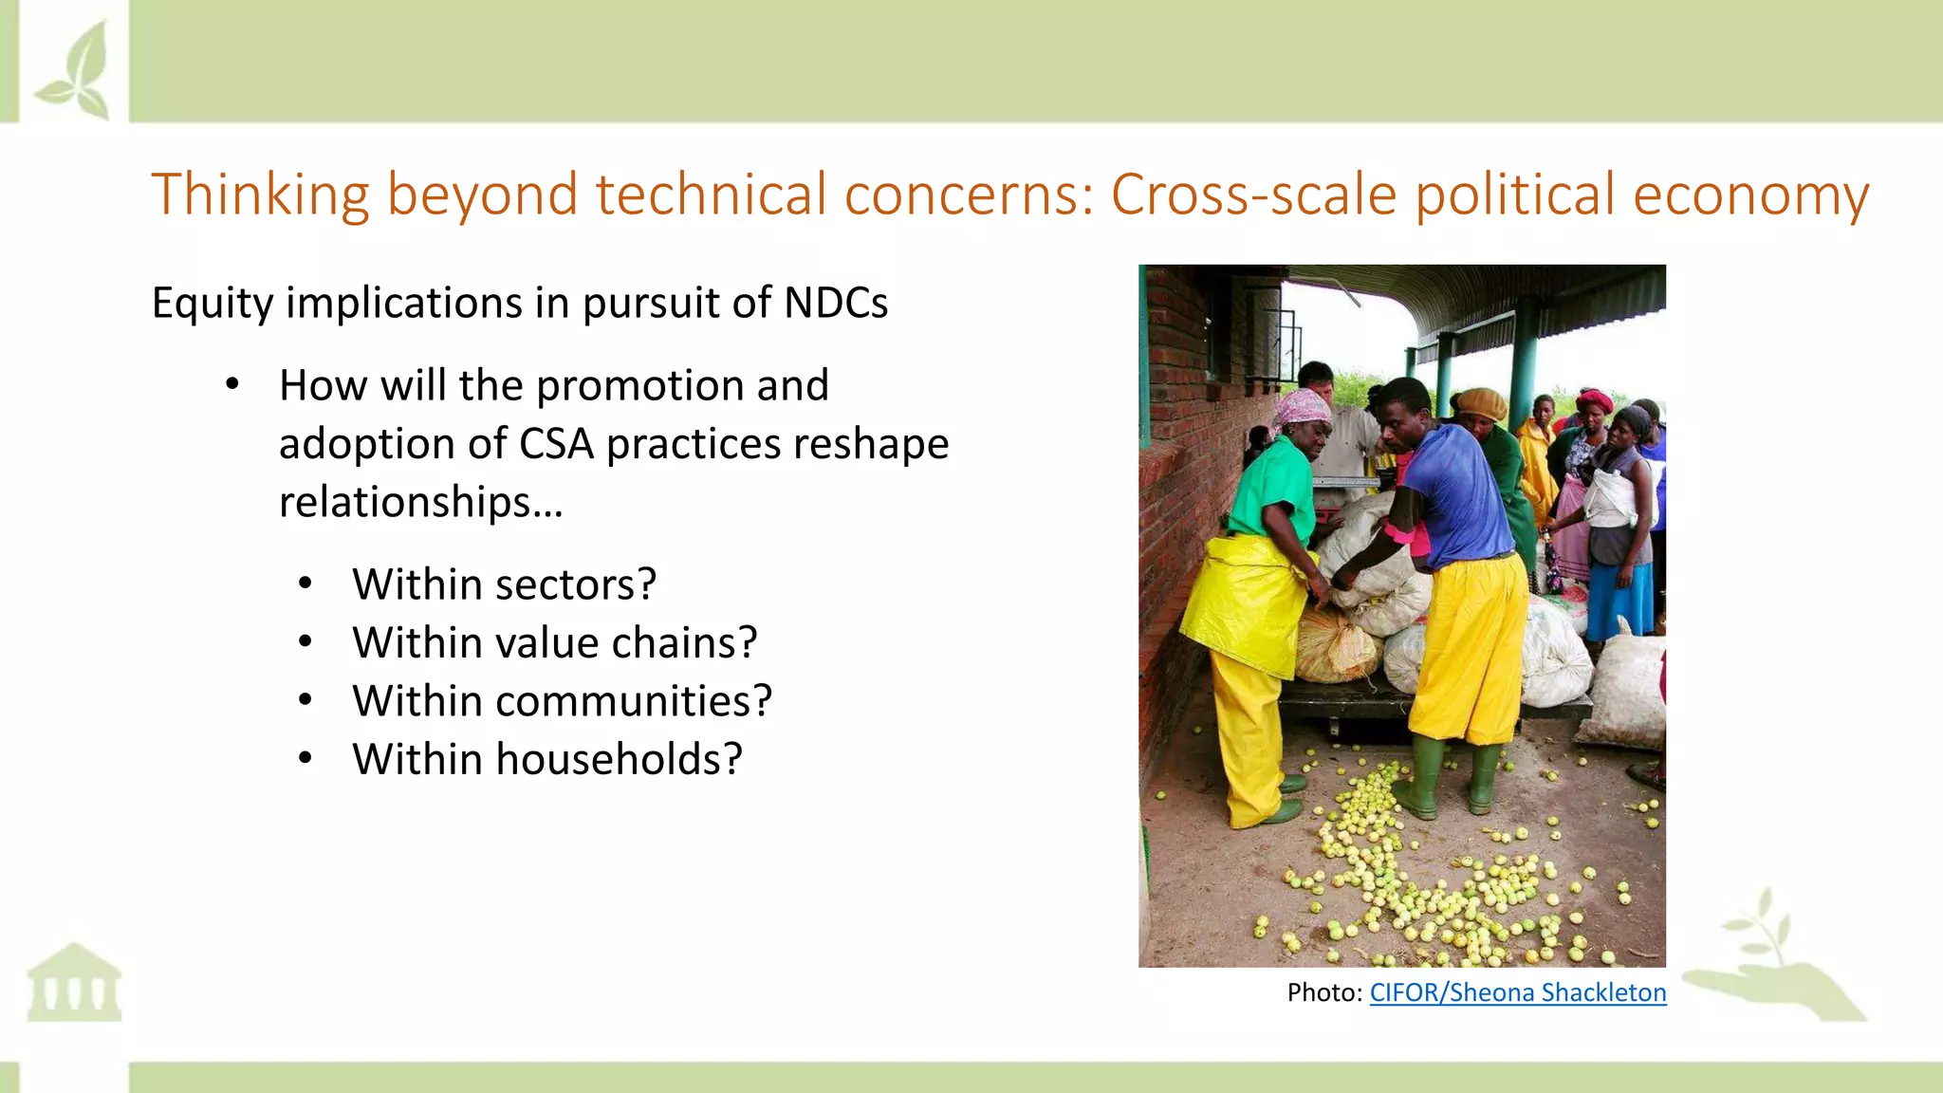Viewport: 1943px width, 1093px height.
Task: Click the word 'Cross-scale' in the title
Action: coord(1253,195)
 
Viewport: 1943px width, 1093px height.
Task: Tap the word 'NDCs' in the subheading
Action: coord(835,304)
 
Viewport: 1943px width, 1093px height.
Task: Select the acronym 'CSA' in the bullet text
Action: coord(556,444)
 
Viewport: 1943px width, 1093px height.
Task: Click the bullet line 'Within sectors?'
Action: coord(504,584)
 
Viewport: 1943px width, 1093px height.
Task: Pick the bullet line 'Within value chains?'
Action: coord(554,643)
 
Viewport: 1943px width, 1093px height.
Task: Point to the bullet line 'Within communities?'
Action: coord(562,702)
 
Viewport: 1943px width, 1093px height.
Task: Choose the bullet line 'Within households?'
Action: coord(546,760)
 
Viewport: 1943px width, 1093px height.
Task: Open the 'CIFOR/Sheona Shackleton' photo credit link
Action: coord(1517,992)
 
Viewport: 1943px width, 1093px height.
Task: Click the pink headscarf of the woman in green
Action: coord(1302,406)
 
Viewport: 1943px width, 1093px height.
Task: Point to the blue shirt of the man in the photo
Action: coord(1461,498)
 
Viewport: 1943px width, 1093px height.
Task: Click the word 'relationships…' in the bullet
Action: coord(420,502)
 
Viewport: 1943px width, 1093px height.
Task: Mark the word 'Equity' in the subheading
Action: coord(213,304)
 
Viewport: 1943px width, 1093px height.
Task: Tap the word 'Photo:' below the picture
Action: coord(1324,992)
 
